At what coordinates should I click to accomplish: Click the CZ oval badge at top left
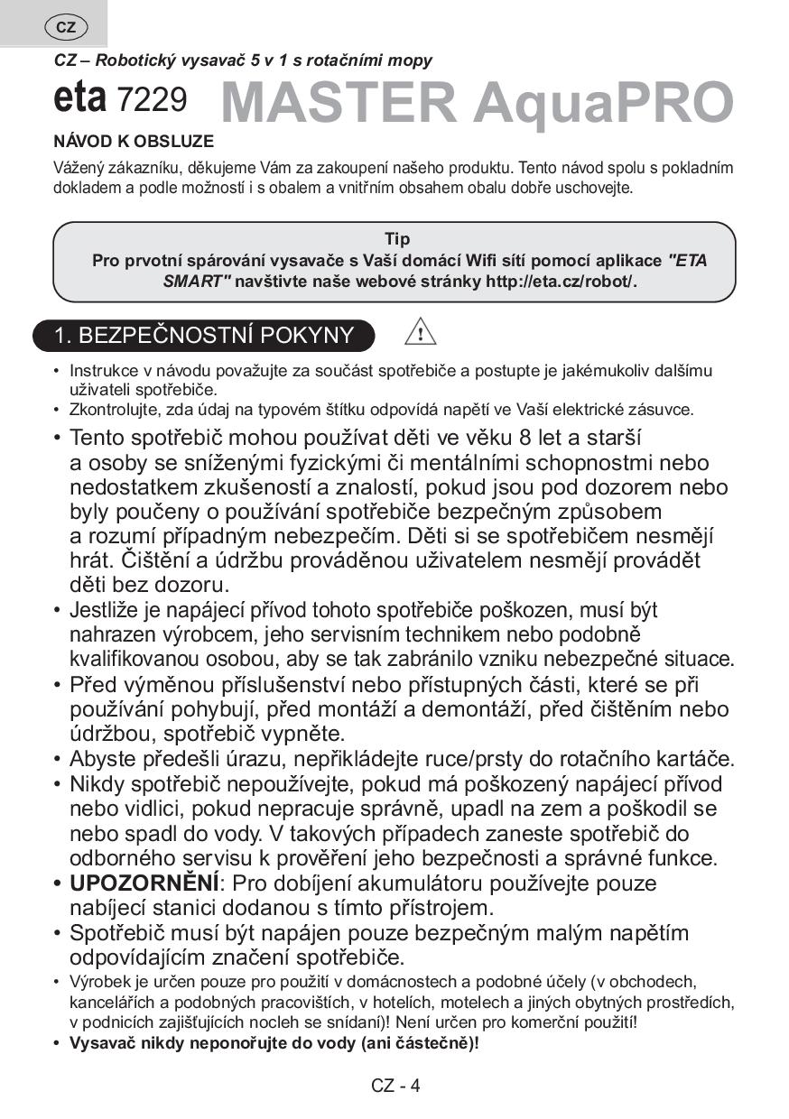point(66,27)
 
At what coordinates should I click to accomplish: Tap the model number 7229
point(153,100)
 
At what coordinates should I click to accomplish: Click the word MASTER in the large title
point(339,104)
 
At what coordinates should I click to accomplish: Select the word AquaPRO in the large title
point(603,104)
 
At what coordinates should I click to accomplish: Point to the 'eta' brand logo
point(80,98)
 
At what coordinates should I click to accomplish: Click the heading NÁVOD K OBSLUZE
point(134,142)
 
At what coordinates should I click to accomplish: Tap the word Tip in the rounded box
point(397,239)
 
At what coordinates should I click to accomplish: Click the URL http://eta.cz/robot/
point(561,281)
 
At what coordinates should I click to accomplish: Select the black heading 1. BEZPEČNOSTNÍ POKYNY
point(204,336)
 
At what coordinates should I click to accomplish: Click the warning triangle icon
point(420,333)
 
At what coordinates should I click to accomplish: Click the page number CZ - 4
point(395,1086)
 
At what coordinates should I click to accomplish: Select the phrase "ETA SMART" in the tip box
point(435,271)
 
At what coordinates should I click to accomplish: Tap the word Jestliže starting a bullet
point(106,610)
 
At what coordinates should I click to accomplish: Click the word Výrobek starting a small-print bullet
point(97,982)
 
